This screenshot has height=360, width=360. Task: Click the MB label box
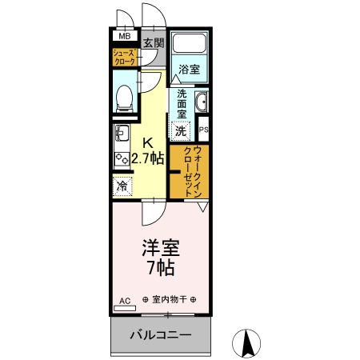pos(125,36)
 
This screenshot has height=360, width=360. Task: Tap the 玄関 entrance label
pos(153,42)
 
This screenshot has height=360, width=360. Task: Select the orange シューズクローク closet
pos(125,56)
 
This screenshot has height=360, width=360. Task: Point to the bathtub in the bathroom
pos(190,46)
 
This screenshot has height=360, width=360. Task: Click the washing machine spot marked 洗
pos(181,130)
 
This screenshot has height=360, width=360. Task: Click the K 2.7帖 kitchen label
pos(147,150)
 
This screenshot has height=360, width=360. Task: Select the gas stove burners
pos(122,159)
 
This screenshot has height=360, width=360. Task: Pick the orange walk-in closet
pos(190,171)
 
